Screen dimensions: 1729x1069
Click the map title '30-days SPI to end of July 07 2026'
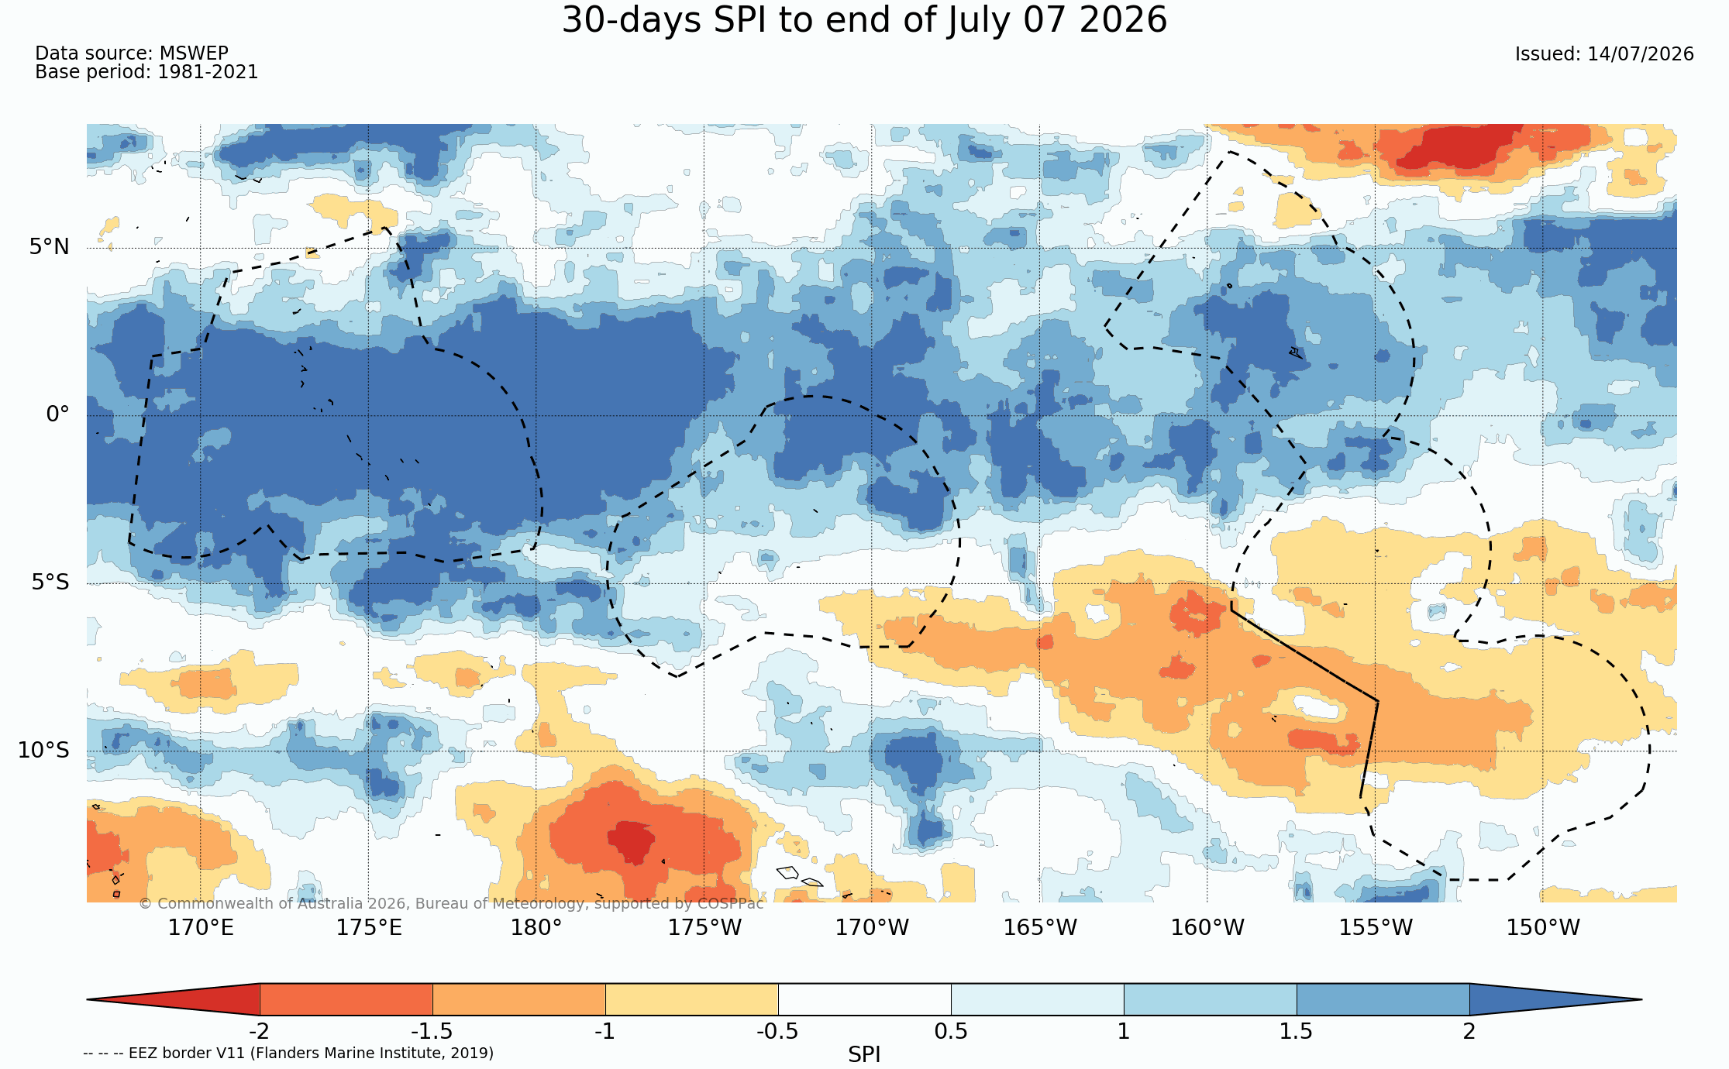864,20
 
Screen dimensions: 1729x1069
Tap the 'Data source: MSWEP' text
132,53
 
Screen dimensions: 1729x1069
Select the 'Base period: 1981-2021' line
146,72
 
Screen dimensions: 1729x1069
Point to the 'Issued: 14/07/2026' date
1604,54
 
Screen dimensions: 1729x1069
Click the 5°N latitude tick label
50,247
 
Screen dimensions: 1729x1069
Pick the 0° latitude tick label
57,414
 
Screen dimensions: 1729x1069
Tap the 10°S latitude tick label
43,750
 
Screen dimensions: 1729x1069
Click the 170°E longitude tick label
201,927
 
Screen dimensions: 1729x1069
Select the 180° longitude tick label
536,927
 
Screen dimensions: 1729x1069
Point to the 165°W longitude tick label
1040,927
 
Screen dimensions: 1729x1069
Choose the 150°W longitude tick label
1543,927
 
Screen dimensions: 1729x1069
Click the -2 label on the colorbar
259,1031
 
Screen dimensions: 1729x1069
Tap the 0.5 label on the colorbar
951,1031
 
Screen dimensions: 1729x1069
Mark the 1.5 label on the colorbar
1296,1031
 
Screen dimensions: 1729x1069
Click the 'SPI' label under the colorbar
864,1054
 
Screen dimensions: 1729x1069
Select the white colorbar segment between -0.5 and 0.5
865,999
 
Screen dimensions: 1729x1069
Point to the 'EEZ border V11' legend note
288,1053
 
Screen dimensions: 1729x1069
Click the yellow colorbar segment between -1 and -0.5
692,999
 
